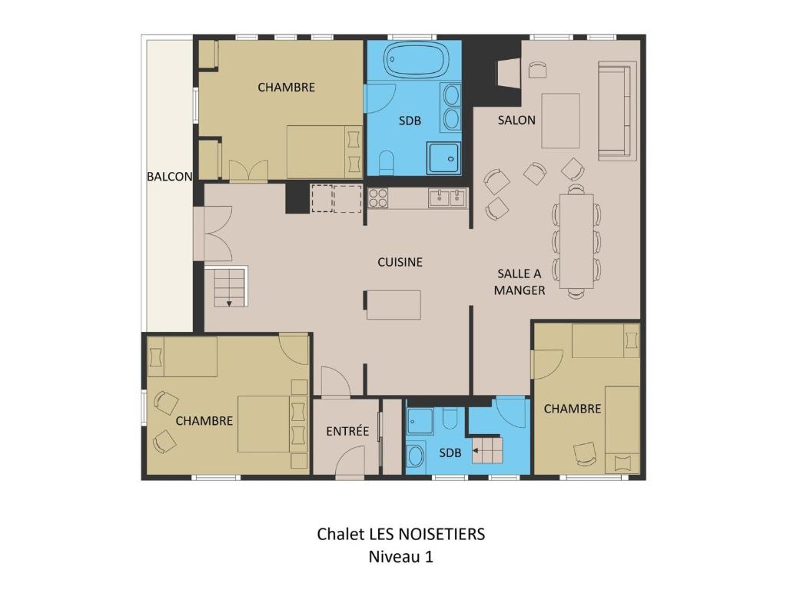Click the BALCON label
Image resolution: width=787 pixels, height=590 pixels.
point(170,177)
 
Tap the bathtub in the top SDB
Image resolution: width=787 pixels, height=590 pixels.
point(416,60)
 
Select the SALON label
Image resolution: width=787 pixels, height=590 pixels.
point(516,120)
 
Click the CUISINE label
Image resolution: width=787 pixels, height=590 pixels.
point(400,262)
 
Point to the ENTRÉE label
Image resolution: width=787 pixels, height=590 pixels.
point(347,431)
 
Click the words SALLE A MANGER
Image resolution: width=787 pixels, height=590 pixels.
point(520,282)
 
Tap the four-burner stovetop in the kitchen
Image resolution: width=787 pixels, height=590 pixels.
point(378,197)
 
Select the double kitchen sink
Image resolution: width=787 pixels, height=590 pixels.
point(447,197)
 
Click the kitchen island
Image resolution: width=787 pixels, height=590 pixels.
point(393,305)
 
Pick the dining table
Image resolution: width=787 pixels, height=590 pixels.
point(576,240)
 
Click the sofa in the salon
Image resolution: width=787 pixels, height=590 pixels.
point(617,110)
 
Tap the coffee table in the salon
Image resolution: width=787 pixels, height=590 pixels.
point(560,121)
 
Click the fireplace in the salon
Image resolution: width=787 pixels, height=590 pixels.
point(509,73)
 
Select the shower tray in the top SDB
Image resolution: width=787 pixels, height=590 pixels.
point(443,158)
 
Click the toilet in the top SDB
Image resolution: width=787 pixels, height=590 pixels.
point(387,163)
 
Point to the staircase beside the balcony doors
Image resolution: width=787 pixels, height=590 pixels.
point(229,287)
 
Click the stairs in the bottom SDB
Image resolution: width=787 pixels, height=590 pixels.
point(486,450)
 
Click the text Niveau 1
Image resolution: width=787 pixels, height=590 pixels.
point(400,557)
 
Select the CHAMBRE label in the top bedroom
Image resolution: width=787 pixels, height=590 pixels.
point(286,88)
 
